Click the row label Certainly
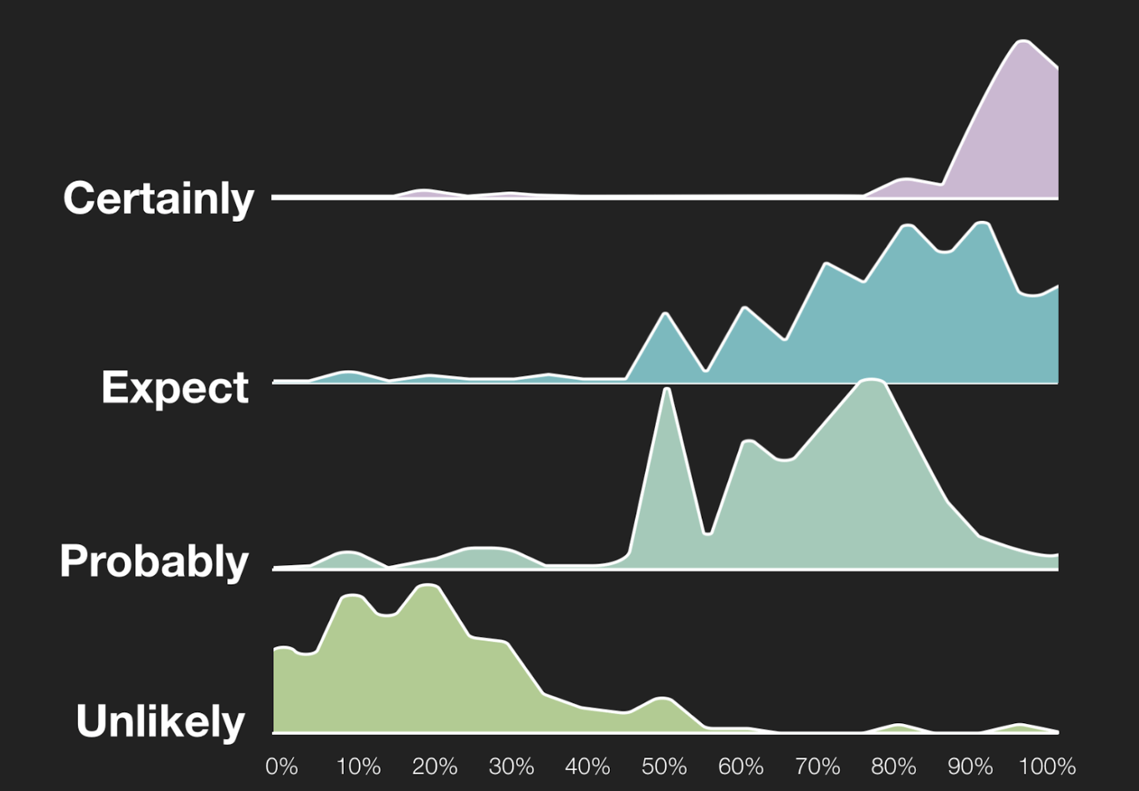click(x=158, y=199)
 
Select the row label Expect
click(x=175, y=388)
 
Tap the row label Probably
click(x=154, y=562)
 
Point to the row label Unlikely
click(x=161, y=722)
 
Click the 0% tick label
click(x=281, y=766)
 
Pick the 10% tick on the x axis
click(x=358, y=766)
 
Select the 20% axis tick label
click(x=435, y=766)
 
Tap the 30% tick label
click(x=511, y=766)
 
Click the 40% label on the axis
click(x=587, y=766)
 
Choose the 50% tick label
click(x=664, y=766)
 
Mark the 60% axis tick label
click(x=740, y=766)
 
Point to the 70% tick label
click(x=817, y=766)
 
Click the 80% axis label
click(x=893, y=766)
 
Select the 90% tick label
click(x=970, y=766)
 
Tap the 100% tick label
click(x=1047, y=766)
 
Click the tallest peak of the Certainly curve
click(x=1023, y=54)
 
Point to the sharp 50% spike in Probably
click(x=667, y=390)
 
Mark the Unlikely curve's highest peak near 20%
click(x=429, y=585)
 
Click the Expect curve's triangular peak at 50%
click(x=666, y=314)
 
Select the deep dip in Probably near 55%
click(x=707, y=533)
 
